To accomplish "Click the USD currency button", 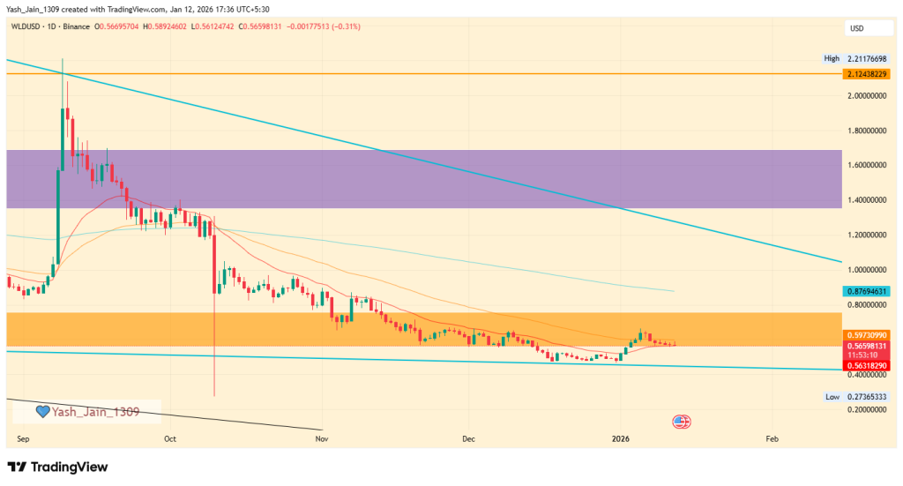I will click(x=856, y=29).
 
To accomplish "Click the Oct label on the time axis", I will click(x=170, y=437).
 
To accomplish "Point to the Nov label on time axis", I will click(x=322, y=437).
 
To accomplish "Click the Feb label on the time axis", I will click(x=772, y=437).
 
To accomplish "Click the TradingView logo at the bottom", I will click(x=58, y=466).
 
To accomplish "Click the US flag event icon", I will click(x=681, y=421).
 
